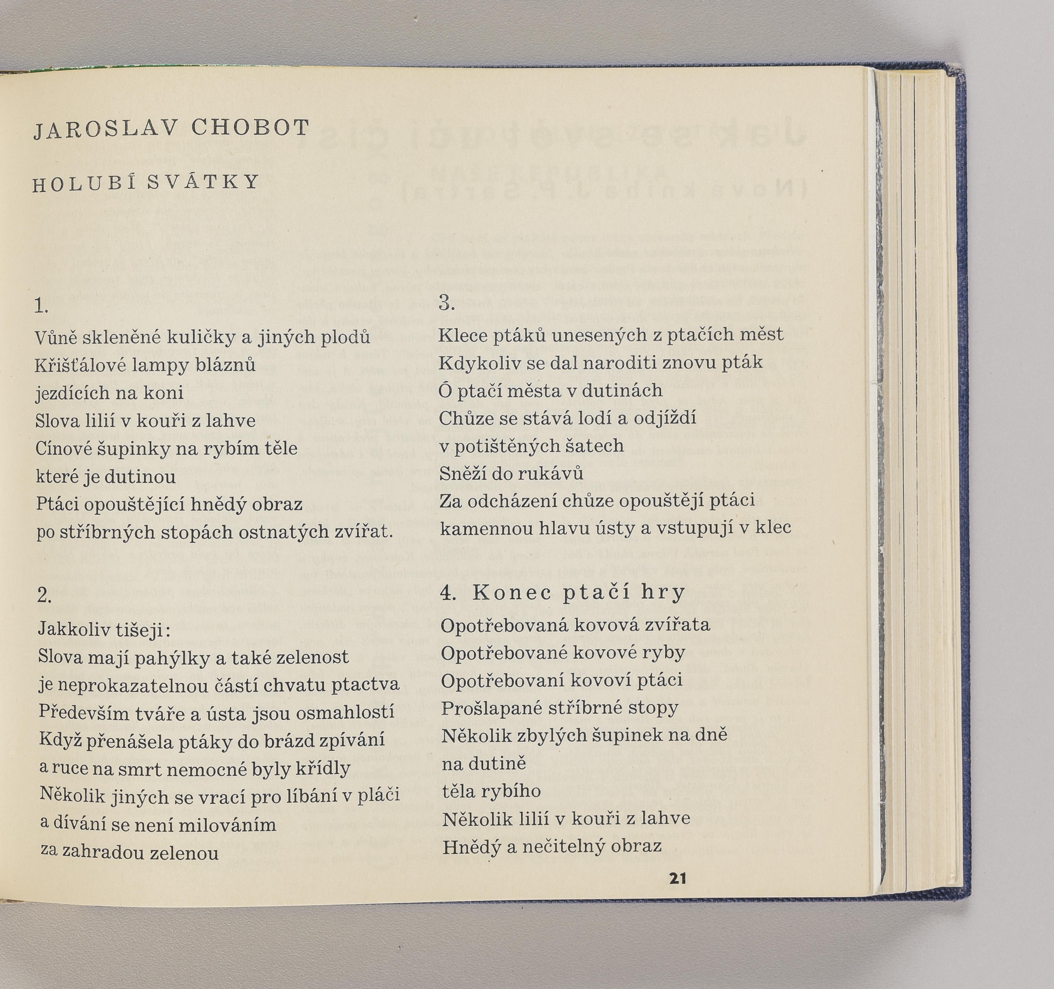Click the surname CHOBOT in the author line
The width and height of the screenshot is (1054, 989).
coord(250,128)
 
